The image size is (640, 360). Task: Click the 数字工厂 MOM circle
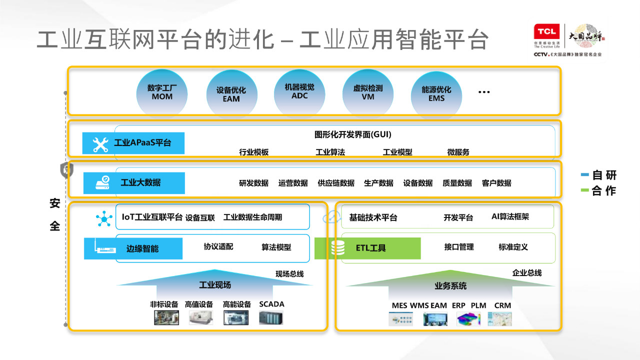[162, 92]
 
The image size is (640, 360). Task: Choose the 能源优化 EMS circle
[436, 94]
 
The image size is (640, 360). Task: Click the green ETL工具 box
[367, 248]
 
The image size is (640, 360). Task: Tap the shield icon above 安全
[66, 170]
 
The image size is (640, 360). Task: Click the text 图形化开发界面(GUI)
[352, 134]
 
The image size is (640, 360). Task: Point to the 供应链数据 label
[336, 183]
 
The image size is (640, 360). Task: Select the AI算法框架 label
[510, 217]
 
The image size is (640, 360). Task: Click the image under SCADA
[271, 318]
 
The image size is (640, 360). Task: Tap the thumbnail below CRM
[500, 319]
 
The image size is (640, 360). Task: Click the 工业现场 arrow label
[215, 285]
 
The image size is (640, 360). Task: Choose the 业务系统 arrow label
[450, 286]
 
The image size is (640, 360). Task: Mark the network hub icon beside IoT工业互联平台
[104, 218]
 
